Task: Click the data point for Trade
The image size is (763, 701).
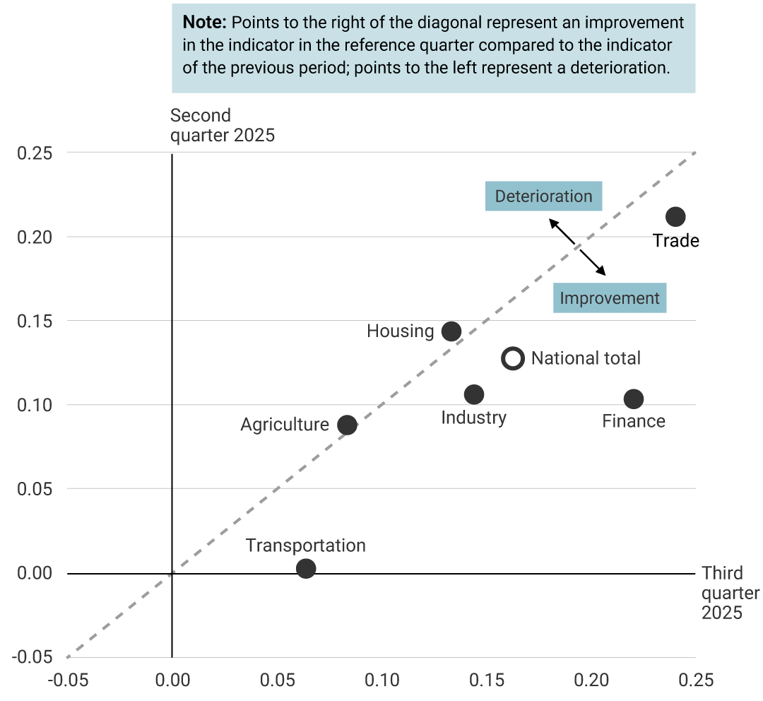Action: click(675, 216)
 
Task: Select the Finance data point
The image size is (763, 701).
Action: click(634, 399)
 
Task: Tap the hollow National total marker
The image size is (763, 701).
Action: click(513, 358)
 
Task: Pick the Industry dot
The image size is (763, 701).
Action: click(474, 394)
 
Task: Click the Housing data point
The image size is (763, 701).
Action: click(451, 331)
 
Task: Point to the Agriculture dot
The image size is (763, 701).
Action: click(347, 425)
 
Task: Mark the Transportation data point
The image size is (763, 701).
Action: click(306, 568)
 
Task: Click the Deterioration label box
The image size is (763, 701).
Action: click(543, 196)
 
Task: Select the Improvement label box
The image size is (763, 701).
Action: click(609, 298)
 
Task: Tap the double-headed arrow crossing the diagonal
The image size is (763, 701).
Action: click(578, 247)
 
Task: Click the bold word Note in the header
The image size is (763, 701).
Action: click(203, 22)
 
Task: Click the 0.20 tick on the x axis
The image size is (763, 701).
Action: click(591, 681)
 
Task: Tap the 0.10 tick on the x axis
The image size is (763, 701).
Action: click(381, 681)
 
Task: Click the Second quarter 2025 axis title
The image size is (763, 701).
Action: click(222, 125)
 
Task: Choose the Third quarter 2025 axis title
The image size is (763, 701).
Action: click(730, 593)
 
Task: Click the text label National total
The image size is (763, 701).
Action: click(586, 358)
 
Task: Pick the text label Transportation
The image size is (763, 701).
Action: click(306, 546)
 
